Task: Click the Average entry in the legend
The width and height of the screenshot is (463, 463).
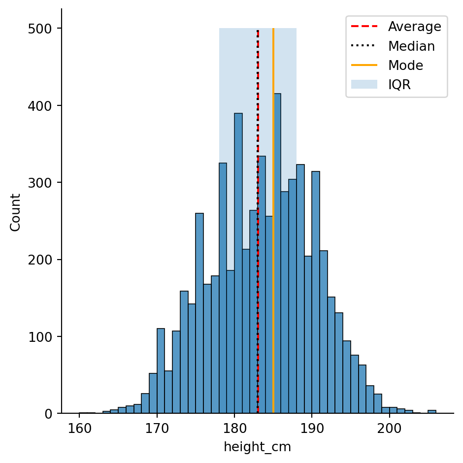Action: tap(414, 27)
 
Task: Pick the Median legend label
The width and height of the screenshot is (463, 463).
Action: tap(411, 46)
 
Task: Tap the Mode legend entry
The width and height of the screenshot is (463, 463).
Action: tap(405, 65)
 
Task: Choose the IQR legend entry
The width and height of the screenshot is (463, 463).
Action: tap(399, 84)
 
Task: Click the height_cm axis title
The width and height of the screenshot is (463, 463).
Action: tap(257, 447)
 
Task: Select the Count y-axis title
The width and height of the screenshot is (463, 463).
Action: tap(15, 212)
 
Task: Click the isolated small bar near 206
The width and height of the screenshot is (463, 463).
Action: tap(431, 412)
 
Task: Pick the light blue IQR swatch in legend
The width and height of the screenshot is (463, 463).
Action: tap(364, 84)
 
